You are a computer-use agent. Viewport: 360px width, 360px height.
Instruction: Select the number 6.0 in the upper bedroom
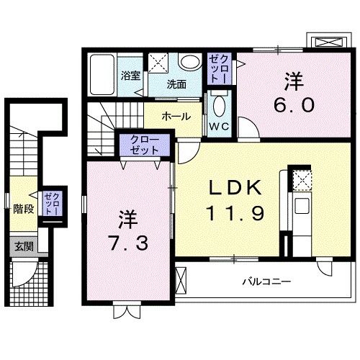coord(292,106)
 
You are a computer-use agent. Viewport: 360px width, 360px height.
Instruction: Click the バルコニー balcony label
coord(266,282)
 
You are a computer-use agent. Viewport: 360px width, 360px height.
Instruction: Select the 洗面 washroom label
coord(176,84)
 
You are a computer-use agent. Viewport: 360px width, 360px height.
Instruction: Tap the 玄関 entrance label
coord(23,246)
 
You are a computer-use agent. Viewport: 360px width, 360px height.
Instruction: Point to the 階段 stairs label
coord(24,210)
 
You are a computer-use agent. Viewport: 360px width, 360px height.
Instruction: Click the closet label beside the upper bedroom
coord(218,68)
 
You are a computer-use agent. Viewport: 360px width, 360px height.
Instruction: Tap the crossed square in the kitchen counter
coord(300,179)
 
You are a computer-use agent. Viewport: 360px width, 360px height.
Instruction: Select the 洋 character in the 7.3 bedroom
coord(127,215)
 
